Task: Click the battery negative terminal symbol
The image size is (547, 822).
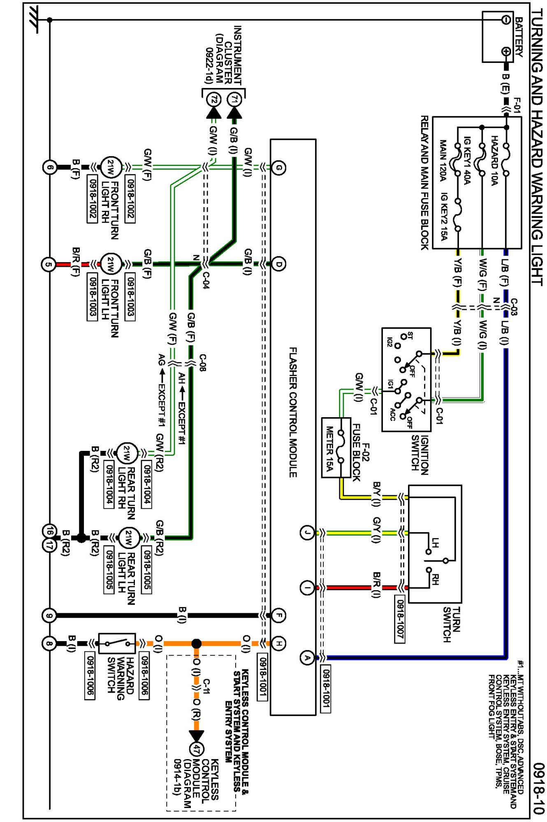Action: tap(506, 19)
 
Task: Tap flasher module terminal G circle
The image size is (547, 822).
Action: tap(278, 168)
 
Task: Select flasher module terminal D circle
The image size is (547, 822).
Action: tap(278, 263)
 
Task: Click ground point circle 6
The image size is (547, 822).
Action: tap(49, 168)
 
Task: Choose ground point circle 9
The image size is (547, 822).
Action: tap(49, 615)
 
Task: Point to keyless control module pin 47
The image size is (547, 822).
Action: tap(197, 748)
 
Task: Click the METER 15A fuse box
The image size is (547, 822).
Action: tap(336, 448)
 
